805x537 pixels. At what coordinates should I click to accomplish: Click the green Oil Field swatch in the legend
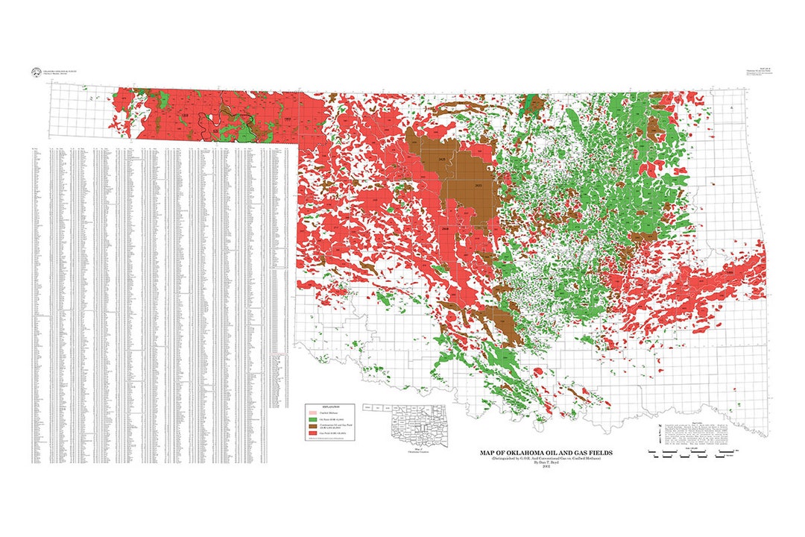[313, 420]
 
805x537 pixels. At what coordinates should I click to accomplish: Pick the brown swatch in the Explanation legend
[313, 427]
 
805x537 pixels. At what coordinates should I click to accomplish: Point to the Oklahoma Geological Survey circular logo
[35, 72]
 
